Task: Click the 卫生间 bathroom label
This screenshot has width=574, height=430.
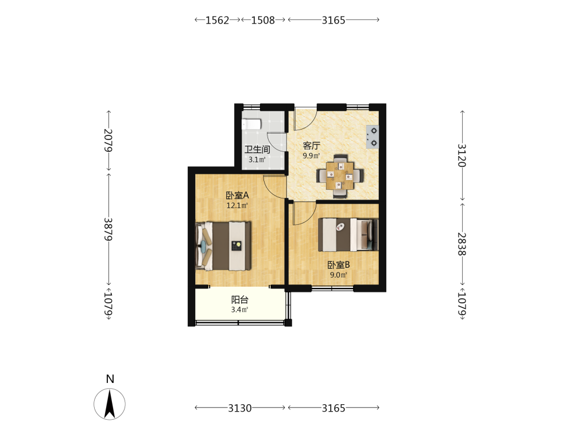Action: click(x=257, y=150)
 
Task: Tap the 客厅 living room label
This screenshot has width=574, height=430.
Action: click(x=312, y=146)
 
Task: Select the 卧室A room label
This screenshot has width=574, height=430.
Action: click(x=237, y=196)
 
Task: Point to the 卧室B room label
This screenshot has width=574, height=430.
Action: click(x=339, y=265)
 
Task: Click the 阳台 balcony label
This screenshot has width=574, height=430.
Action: click(x=240, y=300)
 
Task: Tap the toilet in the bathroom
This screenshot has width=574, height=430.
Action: click(x=251, y=124)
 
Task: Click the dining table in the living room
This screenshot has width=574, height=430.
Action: click(x=340, y=176)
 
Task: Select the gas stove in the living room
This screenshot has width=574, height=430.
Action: click(x=373, y=137)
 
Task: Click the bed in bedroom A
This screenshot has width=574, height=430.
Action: click(x=223, y=246)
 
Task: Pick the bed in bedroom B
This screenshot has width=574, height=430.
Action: click(x=348, y=234)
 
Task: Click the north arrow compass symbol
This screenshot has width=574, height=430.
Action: click(x=110, y=404)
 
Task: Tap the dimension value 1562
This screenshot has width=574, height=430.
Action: click(x=217, y=20)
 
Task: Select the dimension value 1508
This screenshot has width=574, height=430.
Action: click(x=263, y=20)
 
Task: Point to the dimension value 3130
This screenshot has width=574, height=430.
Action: click(x=240, y=408)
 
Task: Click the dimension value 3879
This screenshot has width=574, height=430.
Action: click(x=108, y=229)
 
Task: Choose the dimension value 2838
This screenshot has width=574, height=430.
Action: click(x=462, y=244)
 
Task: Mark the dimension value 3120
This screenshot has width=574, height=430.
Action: click(x=462, y=155)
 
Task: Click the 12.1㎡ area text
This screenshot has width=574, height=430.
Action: click(x=237, y=205)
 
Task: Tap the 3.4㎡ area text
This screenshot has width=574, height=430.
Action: click(x=240, y=310)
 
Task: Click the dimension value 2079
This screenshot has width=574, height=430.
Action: click(x=108, y=140)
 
